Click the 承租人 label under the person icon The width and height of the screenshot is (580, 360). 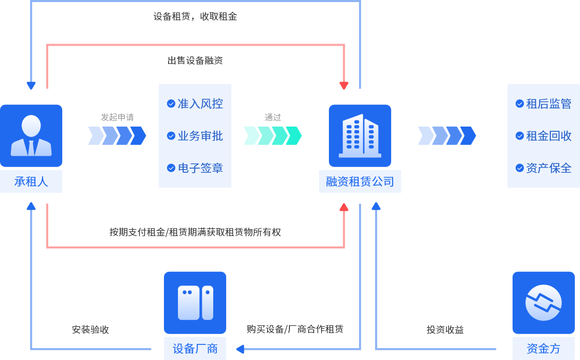(31, 182)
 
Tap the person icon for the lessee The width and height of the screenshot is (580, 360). (31, 135)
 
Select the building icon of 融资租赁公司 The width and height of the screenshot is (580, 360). (360, 135)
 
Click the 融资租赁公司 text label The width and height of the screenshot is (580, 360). (360, 182)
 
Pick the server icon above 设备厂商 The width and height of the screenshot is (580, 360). (195, 302)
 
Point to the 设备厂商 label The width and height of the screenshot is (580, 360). (195, 349)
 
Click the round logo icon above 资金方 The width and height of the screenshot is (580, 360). (543, 302)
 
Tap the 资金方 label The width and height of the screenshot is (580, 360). (543, 349)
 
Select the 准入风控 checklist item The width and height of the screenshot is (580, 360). (195, 104)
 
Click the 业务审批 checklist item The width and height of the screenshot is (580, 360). (195, 136)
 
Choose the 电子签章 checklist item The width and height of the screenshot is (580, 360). (195, 168)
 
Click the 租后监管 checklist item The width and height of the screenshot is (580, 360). (544, 104)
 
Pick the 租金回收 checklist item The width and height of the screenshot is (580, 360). (544, 136)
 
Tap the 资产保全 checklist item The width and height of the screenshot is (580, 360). (544, 168)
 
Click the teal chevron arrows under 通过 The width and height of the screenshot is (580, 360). (273, 136)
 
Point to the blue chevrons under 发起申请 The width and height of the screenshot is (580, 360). (117, 136)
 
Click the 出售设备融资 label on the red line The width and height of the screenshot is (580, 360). (195, 61)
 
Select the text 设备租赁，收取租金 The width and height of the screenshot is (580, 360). (195, 17)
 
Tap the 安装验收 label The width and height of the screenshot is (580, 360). (90, 330)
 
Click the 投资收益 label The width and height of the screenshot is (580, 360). (445, 330)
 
